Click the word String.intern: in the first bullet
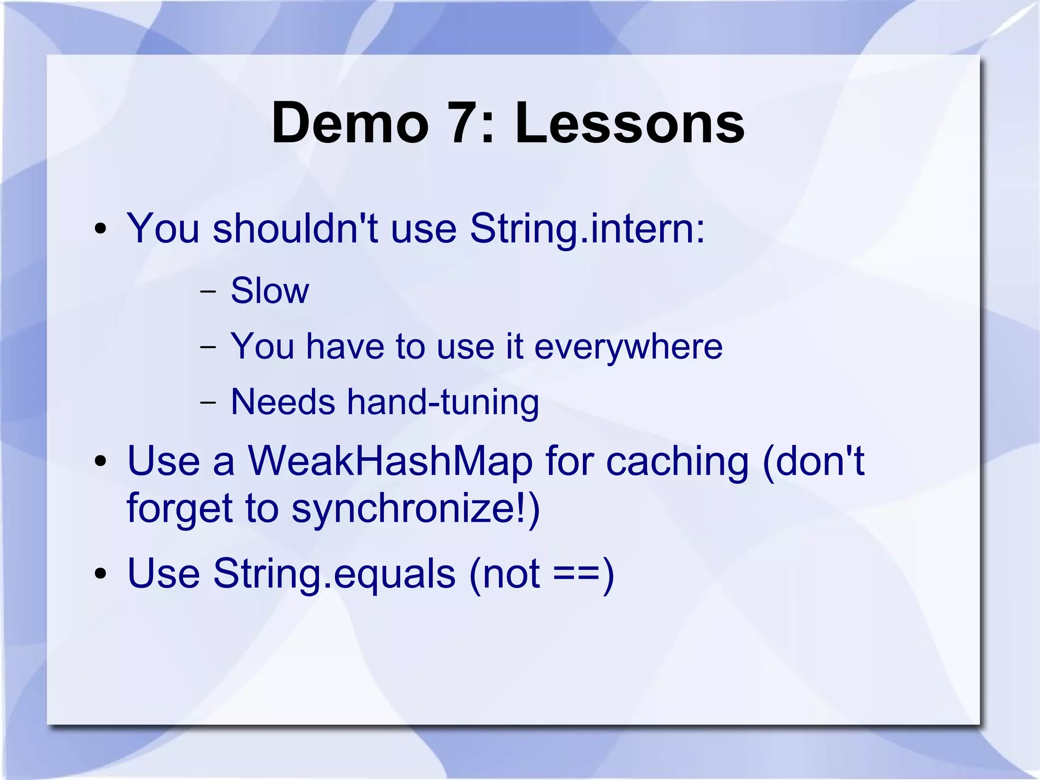(x=588, y=229)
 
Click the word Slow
(x=270, y=291)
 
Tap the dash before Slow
(x=207, y=293)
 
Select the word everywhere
(x=628, y=347)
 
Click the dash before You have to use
(x=207, y=348)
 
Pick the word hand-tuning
(x=442, y=402)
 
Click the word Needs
(x=283, y=402)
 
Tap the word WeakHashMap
(x=390, y=461)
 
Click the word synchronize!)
(x=415, y=509)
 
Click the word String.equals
(x=334, y=574)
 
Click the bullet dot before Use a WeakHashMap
(x=101, y=462)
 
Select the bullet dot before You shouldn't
(x=101, y=229)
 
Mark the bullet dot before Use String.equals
(x=101, y=574)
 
